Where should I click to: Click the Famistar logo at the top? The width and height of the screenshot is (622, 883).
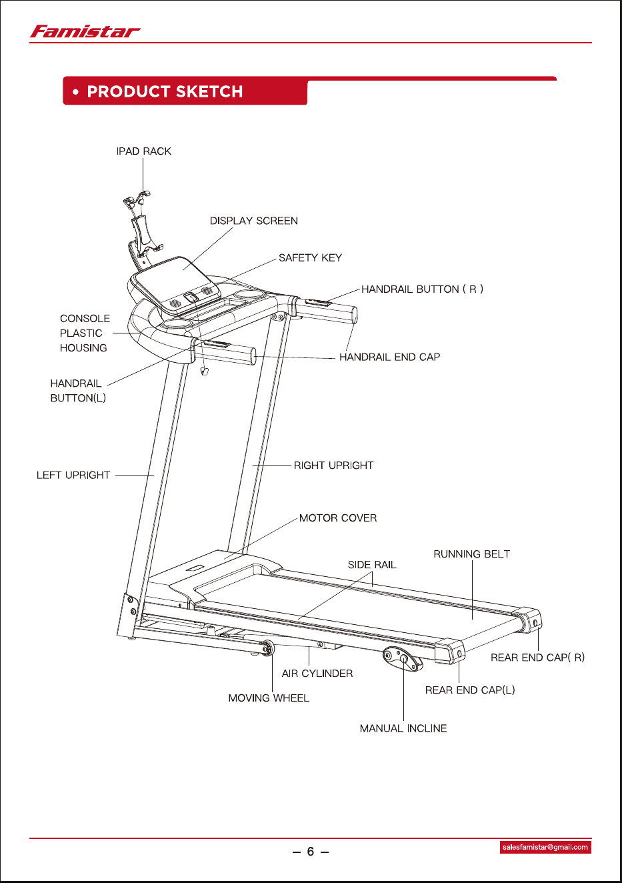[85, 31]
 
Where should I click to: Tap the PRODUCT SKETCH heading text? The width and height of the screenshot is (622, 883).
[165, 91]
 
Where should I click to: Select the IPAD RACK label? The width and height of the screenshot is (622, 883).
[144, 151]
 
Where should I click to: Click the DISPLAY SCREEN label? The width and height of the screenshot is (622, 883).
[254, 221]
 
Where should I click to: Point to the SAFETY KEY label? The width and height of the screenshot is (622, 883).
[310, 258]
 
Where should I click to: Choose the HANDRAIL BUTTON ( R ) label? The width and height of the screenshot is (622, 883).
[422, 289]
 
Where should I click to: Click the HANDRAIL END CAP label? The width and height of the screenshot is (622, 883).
[390, 357]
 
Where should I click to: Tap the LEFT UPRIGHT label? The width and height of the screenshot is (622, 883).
[73, 475]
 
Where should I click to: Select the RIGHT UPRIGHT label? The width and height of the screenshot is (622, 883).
[333, 466]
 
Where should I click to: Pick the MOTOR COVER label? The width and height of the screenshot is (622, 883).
[338, 518]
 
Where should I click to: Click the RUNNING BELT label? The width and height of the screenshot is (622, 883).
[471, 554]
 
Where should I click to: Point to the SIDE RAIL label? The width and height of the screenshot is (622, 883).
[372, 565]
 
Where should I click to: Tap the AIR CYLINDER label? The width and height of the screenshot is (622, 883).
[317, 674]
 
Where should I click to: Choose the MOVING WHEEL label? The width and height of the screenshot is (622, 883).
[269, 698]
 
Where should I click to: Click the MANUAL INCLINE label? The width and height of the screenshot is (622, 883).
[403, 728]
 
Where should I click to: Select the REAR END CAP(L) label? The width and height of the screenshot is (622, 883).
[470, 690]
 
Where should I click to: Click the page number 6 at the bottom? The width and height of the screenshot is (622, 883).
[311, 852]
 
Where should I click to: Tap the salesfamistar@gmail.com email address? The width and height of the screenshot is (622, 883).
[545, 847]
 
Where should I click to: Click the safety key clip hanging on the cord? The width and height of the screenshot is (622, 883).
[204, 371]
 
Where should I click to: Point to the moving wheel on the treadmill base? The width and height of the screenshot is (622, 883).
[267, 648]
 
